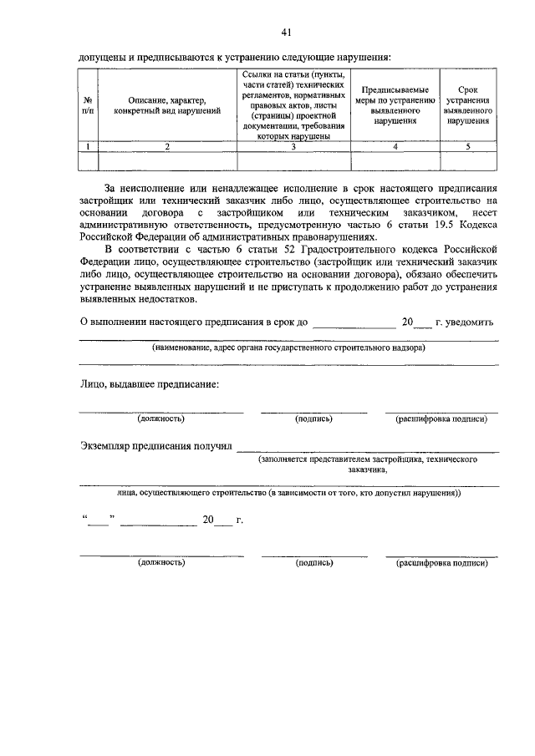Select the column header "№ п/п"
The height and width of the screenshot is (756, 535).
88,104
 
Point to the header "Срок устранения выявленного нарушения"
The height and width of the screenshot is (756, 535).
467,104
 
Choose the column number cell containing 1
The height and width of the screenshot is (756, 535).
88,146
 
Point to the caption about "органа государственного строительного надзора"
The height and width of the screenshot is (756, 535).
288,348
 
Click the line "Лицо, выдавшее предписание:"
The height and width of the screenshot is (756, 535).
149,384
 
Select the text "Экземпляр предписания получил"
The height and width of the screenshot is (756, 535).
156,446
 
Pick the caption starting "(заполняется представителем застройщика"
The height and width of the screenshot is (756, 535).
368,459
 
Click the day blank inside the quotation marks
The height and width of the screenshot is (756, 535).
99,520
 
